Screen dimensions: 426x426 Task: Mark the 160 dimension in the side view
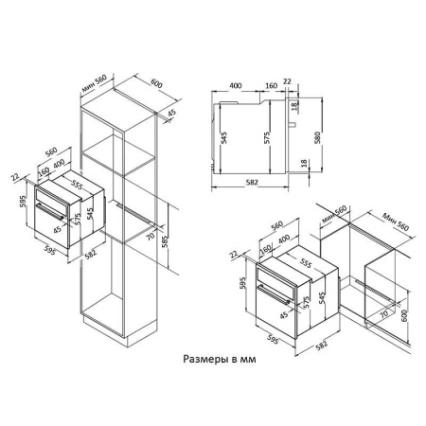[x=272, y=85]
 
